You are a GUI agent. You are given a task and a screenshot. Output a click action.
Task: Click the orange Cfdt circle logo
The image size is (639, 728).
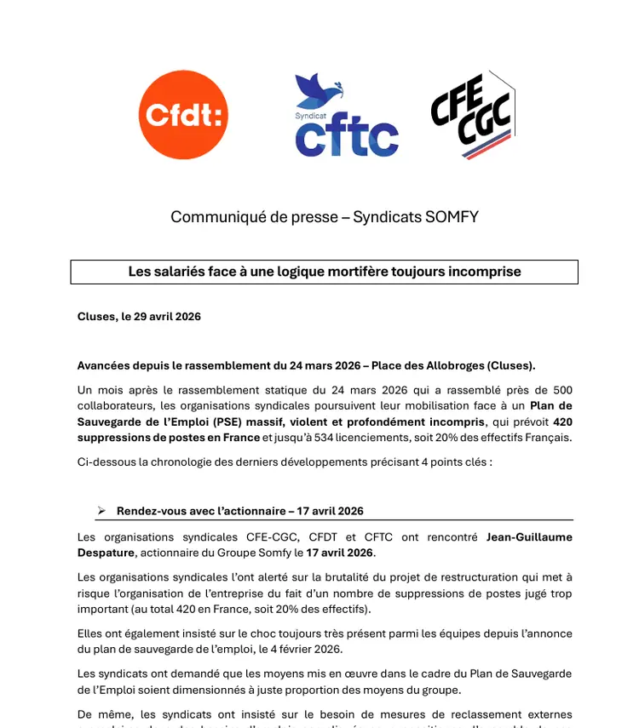tap(183, 115)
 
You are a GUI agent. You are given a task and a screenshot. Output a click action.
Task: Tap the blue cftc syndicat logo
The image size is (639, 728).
tap(346, 117)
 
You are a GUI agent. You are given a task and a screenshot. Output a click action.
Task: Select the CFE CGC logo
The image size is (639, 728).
tap(472, 115)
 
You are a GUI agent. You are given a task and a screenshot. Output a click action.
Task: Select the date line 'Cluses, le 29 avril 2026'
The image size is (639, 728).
tap(139, 317)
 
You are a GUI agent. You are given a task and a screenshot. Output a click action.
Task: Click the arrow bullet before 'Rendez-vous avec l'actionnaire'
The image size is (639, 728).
tap(101, 511)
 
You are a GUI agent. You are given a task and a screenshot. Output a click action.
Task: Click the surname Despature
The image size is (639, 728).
tap(106, 553)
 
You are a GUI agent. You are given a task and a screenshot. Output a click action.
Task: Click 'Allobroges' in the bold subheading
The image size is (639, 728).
tap(452, 366)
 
